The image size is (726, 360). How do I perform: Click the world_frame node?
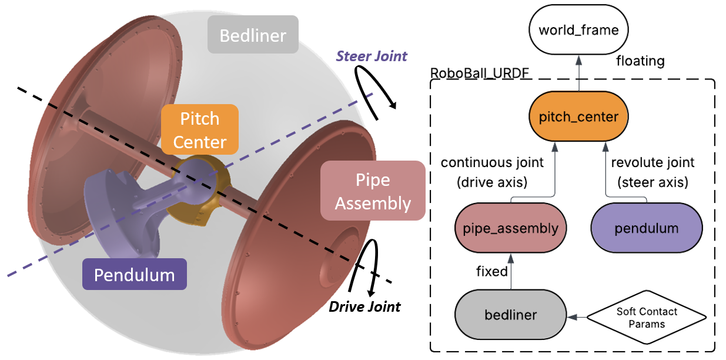578,30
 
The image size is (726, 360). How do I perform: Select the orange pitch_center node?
578,116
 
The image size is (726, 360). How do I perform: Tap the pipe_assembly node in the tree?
511,228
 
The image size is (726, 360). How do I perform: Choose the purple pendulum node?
647,228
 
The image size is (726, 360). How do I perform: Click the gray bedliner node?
511,315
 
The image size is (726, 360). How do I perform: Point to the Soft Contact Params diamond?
647,317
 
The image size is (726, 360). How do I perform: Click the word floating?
640,61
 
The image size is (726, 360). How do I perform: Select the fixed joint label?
491,271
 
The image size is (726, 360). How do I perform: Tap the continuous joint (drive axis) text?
492,172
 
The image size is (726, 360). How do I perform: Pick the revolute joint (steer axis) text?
653,172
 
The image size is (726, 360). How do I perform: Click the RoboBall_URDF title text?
479,73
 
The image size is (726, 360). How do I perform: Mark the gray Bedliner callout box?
253,34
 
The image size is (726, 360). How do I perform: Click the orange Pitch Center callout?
200,129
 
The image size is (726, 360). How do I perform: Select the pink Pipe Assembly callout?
373,191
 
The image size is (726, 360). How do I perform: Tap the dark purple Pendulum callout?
135,274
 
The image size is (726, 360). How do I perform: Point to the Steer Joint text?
372,56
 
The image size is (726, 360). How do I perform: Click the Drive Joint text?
364,307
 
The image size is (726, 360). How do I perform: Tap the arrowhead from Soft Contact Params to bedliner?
572,317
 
